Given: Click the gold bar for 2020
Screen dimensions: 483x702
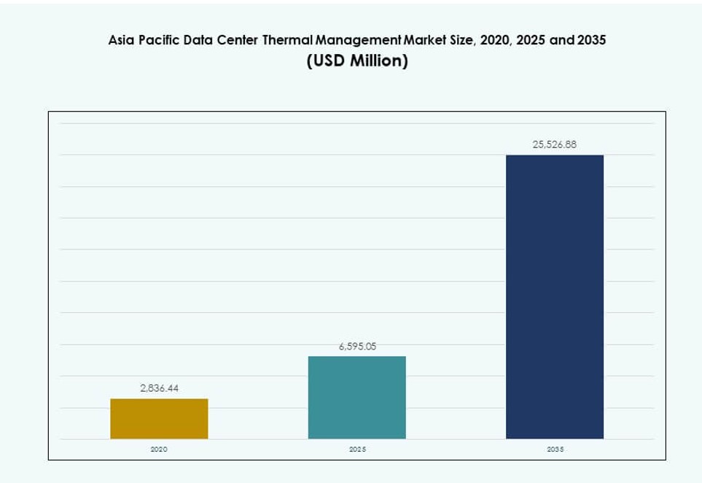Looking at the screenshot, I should point(159,419).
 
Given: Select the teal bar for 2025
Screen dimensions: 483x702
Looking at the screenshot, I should point(357,398).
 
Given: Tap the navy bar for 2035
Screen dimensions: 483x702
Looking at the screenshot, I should point(555,297).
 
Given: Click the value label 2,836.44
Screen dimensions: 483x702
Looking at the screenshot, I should point(159,388).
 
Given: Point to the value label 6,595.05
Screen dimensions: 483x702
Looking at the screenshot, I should point(357,347).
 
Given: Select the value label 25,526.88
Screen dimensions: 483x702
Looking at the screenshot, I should point(555,145).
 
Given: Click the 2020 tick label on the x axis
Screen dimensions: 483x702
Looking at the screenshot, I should point(159,449).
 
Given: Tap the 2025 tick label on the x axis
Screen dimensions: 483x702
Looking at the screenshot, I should point(357,449).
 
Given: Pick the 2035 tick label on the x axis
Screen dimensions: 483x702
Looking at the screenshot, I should point(555,449).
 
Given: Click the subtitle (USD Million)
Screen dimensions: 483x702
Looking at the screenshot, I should point(357,61).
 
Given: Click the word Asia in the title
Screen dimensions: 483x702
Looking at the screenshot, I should point(120,42).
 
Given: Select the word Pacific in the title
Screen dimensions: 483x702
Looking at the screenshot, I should point(156,42).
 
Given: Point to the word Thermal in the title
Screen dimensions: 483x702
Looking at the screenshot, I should point(290,42).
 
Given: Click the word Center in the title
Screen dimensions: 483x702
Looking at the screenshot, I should point(237,42).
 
